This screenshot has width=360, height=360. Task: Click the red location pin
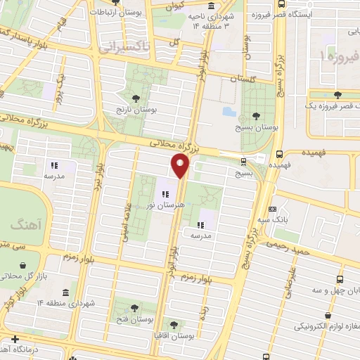181,166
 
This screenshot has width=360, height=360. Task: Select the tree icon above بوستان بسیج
255,116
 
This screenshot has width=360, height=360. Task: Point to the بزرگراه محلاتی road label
171,147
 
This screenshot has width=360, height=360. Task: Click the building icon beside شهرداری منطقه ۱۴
65,292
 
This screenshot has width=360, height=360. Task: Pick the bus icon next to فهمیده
281,154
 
